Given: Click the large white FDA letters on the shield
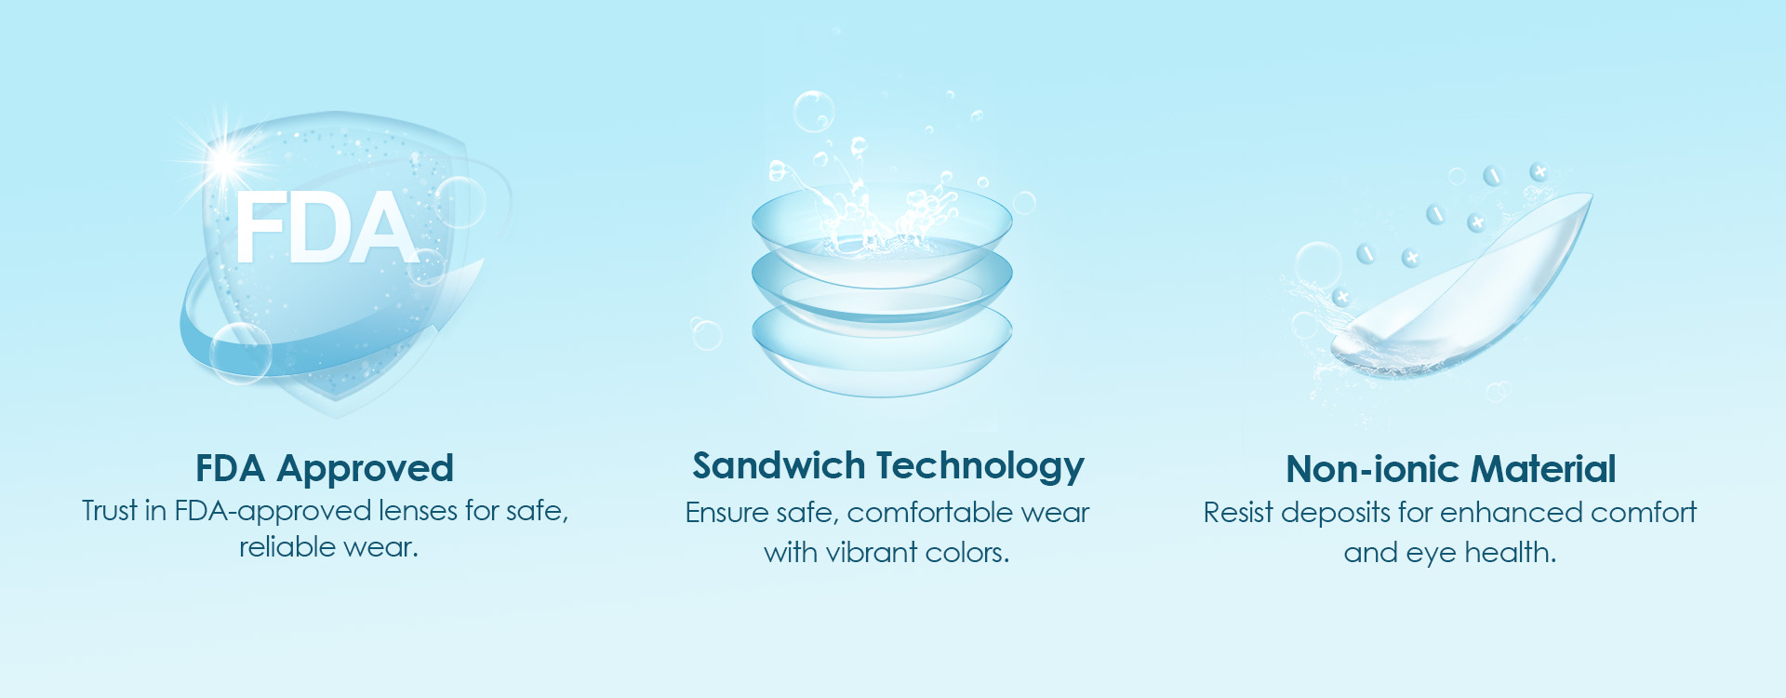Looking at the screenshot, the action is click(x=326, y=228).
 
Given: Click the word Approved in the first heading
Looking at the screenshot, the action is click(x=366, y=469).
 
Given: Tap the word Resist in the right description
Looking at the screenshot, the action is click(x=1238, y=513).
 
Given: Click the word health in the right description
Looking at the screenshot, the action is click(x=1511, y=553).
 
